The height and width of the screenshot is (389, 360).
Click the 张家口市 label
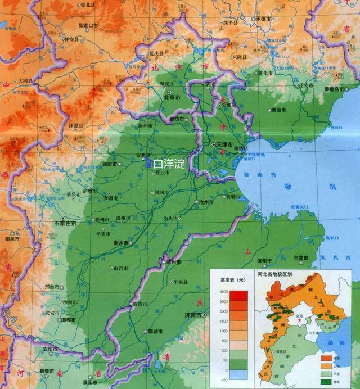pyautogui.click(x=88, y=25)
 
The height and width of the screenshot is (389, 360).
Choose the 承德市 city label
pyautogui.click(x=264, y=18)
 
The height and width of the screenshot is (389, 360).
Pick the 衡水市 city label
pyautogui.click(x=120, y=243)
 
